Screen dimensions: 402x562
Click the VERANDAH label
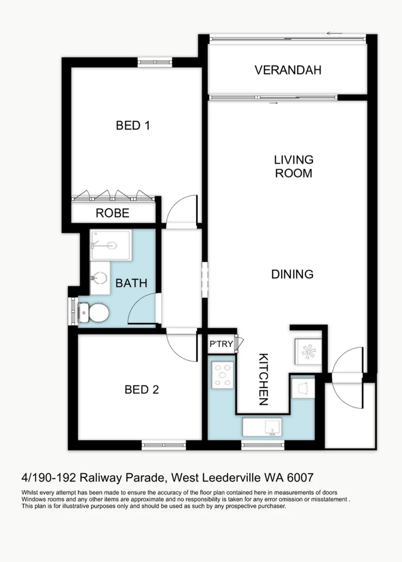pyautogui.click(x=288, y=70)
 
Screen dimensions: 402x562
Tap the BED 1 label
pyautogui.click(x=133, y=125)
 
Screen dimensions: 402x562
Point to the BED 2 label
pyautogui.click(x=142, y=389)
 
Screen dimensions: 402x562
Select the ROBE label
pyautogui.click(x=112, y=213)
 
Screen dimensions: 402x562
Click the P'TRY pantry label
pyautogui.click(x=221, y=344)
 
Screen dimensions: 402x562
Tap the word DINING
pyautogui.click(x=292, y=274)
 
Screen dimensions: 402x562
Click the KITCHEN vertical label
pyautogui.click(x=263, y=379)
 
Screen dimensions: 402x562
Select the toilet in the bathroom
pyautogui.click(x=94, y=313)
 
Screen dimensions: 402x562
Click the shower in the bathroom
pyautogui.click(x=111, y=245)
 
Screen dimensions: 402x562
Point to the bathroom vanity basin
pyautogui.click(x=99, y=278)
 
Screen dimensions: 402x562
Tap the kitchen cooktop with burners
pyautogui.click(x=223, y=375)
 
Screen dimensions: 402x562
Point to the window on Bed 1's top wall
pyautogui.click(x=155, y=62)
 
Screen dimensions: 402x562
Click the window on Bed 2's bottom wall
pyautogui.click(x=164, y=445)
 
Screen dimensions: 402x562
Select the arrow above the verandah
pyautogui.click(x=335, y=34)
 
